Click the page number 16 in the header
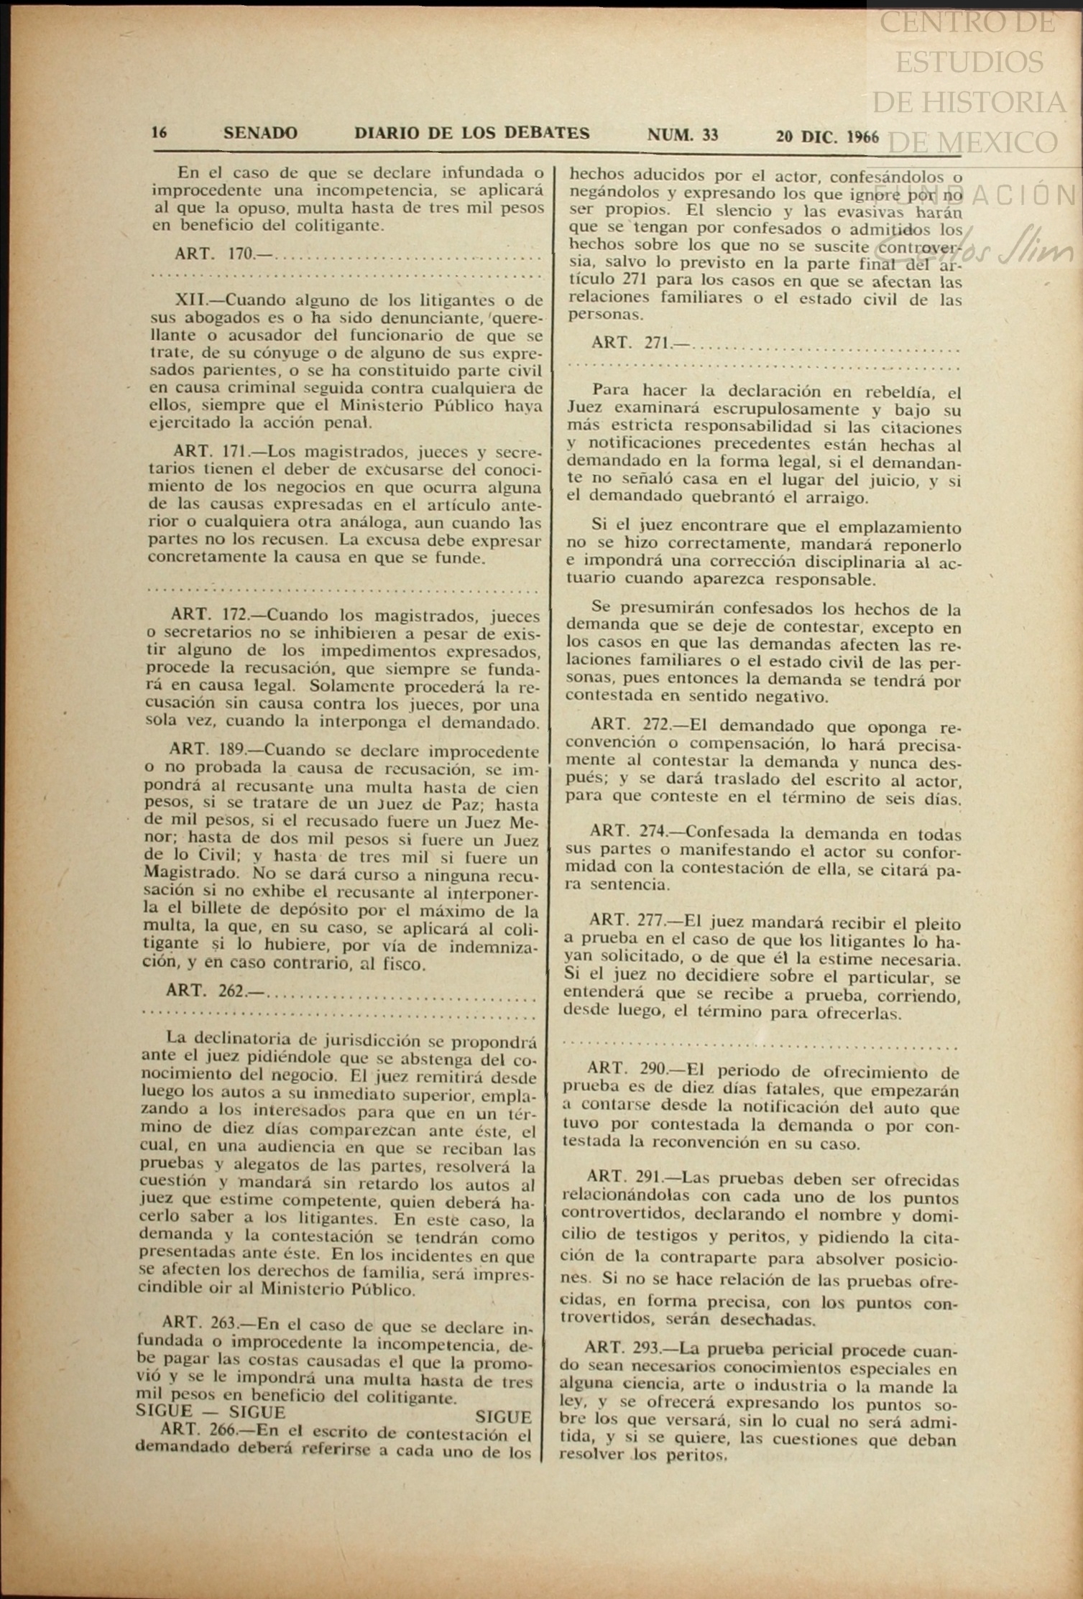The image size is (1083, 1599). (x=159, y=133)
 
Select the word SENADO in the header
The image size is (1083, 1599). (x=260, y=133)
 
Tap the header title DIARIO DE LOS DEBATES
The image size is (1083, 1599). (x=471, y=133)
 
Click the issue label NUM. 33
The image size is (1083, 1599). (x=682, y=134)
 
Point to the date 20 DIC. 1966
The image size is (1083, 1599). (x=827, y=136)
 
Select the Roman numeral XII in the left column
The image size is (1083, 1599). (x=191, y=300)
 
